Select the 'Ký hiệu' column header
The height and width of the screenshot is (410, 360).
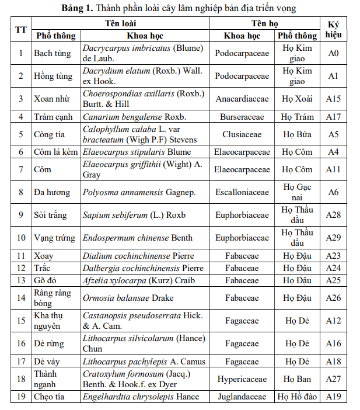[333, 30]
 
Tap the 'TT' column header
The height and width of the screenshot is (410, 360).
[20, 30]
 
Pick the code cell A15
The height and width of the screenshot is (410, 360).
[333, 99]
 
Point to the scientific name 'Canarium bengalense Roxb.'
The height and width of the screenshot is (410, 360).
[130, 117]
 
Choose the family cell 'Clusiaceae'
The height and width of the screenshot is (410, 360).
[242, 134]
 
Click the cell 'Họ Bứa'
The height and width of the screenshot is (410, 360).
[297, 134]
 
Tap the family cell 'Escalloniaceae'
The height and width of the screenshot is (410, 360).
[242, 192]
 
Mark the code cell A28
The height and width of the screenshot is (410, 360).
[333, 215]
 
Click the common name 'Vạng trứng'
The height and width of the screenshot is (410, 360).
[54, 238]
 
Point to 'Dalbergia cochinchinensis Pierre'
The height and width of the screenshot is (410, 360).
[143, 268]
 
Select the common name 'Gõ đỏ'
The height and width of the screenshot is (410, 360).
[46, 280]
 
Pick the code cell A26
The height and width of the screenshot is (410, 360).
[333, 298]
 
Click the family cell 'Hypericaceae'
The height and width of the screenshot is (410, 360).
[242, 379]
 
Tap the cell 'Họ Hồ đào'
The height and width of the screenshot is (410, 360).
[297, 397]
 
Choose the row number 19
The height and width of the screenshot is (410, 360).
[20, 397]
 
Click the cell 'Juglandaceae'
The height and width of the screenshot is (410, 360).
[242, 397]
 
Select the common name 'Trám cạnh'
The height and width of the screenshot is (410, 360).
[53, 117]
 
